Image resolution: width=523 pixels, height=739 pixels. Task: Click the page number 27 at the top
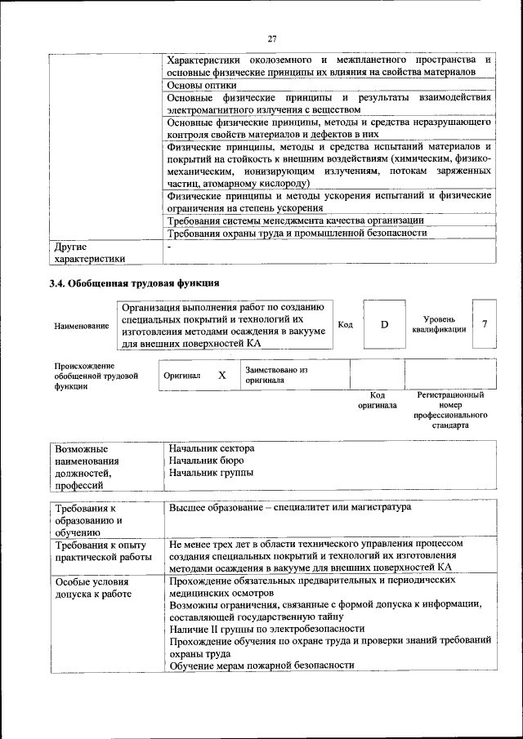pos(272,38)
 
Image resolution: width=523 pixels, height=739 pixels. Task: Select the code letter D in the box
pos(384,325)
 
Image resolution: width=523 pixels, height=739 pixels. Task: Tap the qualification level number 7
pos(485,324)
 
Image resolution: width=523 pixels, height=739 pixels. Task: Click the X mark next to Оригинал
pos(221,376)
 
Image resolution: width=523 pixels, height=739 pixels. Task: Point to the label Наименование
pos(82,326)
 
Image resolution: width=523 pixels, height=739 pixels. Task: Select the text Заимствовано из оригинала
pos(276,375)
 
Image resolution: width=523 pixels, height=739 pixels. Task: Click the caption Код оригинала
pos(377,399)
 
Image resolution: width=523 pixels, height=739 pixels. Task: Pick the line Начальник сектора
pos(212,448)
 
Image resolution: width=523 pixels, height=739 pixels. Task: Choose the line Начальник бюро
pos(206,461)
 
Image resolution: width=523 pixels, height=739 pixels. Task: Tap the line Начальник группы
pos(210,473)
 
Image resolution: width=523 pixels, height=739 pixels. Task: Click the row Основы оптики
pos(202,84)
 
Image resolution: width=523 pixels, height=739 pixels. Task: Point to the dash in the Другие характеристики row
pos(169,246)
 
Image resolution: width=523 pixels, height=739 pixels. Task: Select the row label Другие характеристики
pos(90,252)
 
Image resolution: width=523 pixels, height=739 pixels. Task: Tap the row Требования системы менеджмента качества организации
pos(295,220)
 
